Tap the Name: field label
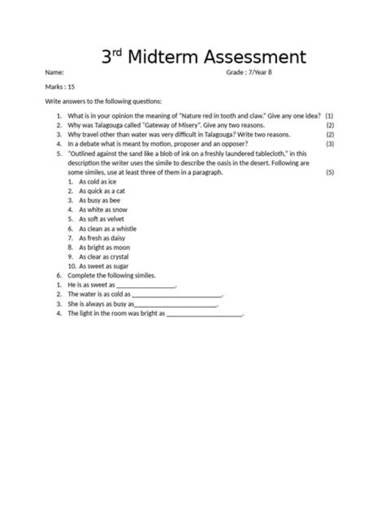[x=55, y=72]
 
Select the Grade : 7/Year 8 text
[x=249, y=72]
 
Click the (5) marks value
[x=330, y=173]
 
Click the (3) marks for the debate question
[x=330, y=144]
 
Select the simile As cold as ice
[x=97, y=182]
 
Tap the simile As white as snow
[x=103, y=210]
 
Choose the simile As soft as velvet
[x=102, y=219]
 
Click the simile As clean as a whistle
[x=107, y=229]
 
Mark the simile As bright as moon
[x=104, y=247]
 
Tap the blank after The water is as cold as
[x=176, y=296]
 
